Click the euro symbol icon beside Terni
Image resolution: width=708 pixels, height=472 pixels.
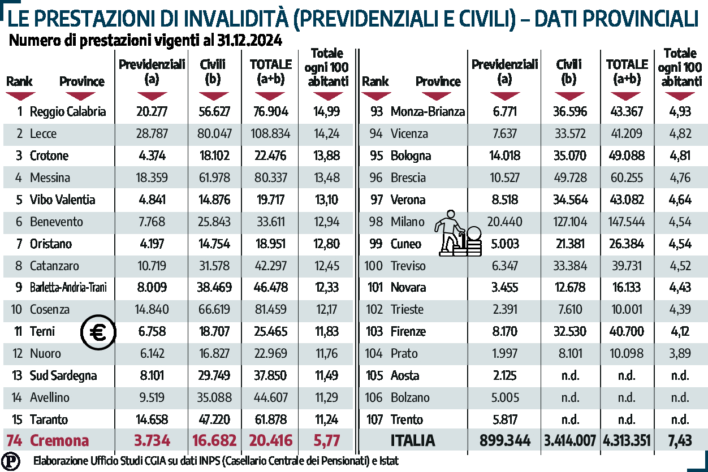pyautogui.click(x=98, y=332)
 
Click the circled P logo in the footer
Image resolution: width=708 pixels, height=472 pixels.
pyautogui.click(x=10, y=460)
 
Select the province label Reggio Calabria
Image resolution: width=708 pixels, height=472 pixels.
pyautogui.click(x=67, y=111)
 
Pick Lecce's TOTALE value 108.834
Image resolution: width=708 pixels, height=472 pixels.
pyautogui.click(x=270, y=134)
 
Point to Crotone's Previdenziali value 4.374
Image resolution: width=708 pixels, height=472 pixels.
pyautogui.click(x=152, y=156)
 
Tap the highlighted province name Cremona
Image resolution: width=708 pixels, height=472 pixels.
pyautogui.click(x=59, y=441)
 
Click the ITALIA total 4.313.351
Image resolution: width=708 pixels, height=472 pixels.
pyautogui.click(x=627, y=441)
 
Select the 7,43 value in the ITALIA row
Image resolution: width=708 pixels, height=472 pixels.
pyautogui.click(x=679, y=441)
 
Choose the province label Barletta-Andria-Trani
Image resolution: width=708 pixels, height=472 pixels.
pyautogui.click(x=68, y=288)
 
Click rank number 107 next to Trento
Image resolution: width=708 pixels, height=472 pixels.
pyautogui.click(x=374, y=419)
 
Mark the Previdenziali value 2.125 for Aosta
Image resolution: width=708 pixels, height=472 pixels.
pyautogui.click(x=504, y=375)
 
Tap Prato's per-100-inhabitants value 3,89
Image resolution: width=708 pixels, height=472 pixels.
pyautogui.click(x=679, y=354)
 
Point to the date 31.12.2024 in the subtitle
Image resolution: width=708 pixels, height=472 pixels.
pyautogui.click(x=249, y=42)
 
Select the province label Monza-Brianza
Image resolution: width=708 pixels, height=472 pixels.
pyautogui.click(x=428, y=111)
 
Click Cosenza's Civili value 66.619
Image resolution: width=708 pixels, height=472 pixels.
pyautogui.click(x=215, y=310)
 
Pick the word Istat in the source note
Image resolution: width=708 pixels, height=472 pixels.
pyautogui.click(x=387, y=461)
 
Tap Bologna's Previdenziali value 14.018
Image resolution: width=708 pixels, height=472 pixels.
pyautogui.click(x=504, y=156)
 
